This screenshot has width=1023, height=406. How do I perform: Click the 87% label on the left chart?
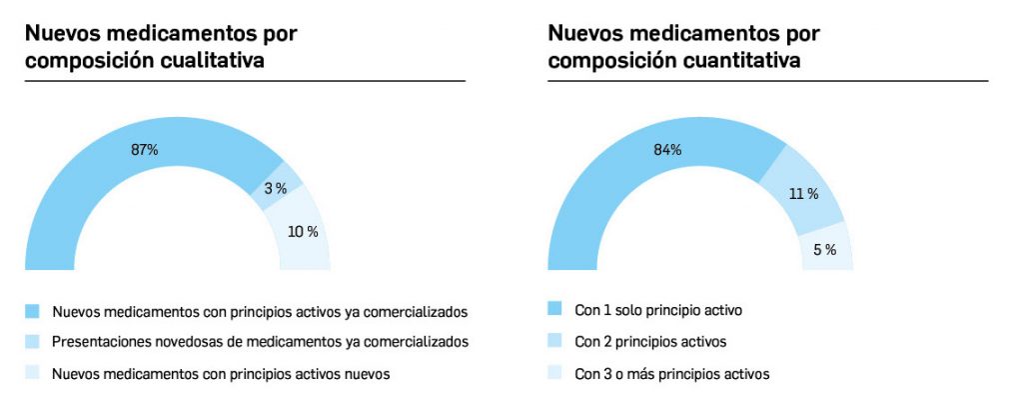tap(145, 150)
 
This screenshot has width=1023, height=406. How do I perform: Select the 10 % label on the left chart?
tap(303, 232)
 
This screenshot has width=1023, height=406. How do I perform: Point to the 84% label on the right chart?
tap(667, 150)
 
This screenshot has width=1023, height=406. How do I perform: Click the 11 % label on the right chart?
tap(803, 194)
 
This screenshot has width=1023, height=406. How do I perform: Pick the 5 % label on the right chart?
tap(824, 250)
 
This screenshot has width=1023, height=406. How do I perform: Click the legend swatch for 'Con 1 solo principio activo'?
tap(555, 310)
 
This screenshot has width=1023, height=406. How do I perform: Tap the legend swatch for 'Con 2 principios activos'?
tap(555, 342)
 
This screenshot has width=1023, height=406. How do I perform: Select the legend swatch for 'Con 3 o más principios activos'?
tap(555, 374)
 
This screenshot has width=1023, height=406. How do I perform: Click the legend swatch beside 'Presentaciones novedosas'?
tap(32, 342)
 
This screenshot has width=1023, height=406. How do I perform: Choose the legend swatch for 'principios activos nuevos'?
tap(32, 374)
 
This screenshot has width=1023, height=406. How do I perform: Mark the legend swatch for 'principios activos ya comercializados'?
tap(32, 310)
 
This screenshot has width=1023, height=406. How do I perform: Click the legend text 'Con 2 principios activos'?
tap(643, 342)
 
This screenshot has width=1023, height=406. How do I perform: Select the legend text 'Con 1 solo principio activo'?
tap(658, 310)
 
